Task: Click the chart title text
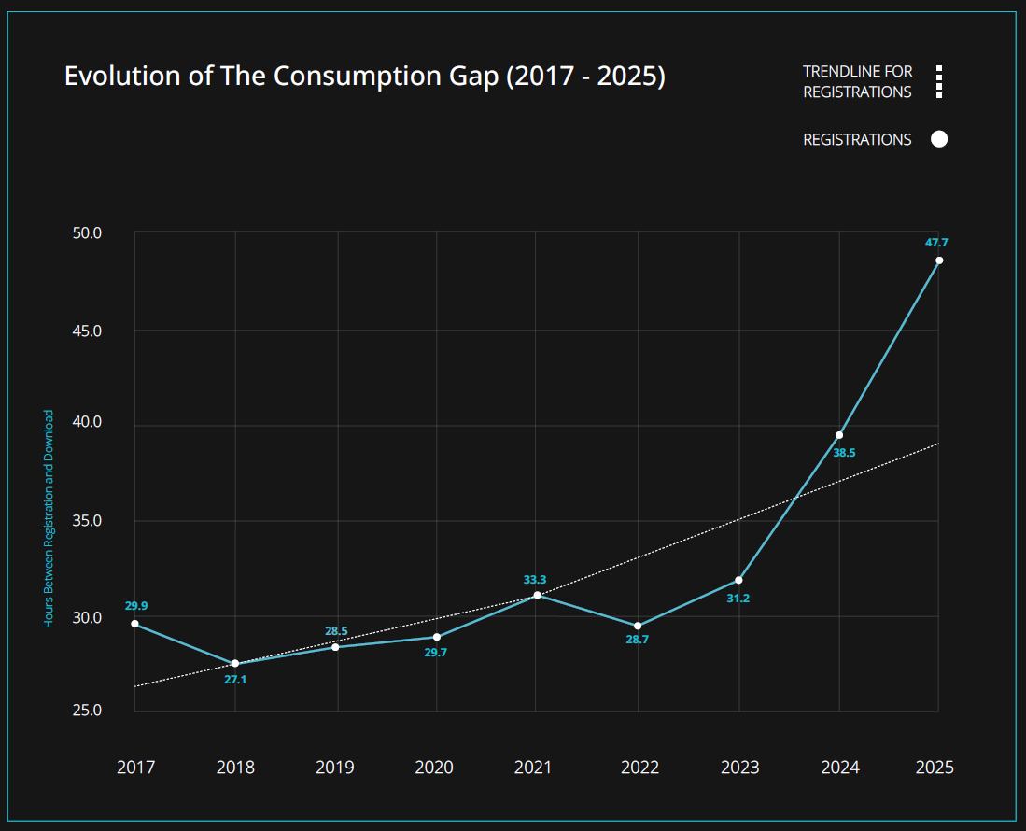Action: [x=364, y=77]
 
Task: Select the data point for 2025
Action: [x=939, y=261]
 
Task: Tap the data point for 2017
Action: [x=135, y=624]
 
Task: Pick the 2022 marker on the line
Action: [x=638, y=626]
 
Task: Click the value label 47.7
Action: [x=936, y=243]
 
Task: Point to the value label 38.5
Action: [x=844, y=453]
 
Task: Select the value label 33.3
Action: [x=536, y=580]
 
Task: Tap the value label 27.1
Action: [x=235, y=679]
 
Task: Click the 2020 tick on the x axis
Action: [x=434, y=768]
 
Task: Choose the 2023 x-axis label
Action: [x=739, y=768]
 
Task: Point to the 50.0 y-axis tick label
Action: [x=87, y=232]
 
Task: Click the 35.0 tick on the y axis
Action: [x=87, y=521]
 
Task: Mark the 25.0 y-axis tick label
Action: [x=87, y=711]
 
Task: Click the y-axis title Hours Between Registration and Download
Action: [x=49, y=518]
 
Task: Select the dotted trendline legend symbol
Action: [x=939, y=82]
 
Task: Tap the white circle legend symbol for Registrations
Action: [x=939, y=139]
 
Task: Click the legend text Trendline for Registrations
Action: [x=857, y=82]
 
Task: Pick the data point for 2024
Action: [x=839, y=435]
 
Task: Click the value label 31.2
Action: [x=738, y=598]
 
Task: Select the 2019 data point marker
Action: [x=335, y=647]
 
